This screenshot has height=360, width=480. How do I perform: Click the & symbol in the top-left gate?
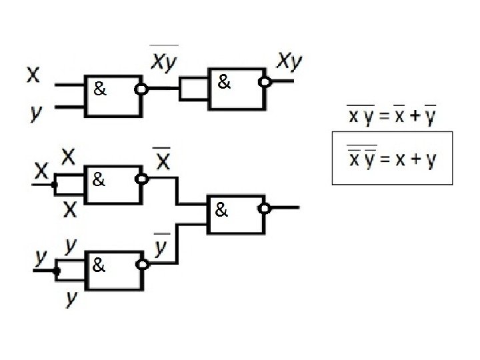[100, 89]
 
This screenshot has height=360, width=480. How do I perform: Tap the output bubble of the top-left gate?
[141, 89]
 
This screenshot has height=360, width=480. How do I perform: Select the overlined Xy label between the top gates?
[164, 60]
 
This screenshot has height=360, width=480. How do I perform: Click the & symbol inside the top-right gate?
[225, 84]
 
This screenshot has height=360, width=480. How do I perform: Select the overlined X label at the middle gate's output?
[163, 160]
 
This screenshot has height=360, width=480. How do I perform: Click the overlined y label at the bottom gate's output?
[161, 247]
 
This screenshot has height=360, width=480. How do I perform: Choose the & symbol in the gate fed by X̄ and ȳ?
[221, 212]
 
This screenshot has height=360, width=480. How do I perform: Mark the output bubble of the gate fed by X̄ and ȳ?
[265, 208]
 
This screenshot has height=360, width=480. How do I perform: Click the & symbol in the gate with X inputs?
[98, 180]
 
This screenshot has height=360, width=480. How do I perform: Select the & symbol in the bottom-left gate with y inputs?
[98, 267]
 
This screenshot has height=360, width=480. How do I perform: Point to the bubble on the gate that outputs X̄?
[141, 179]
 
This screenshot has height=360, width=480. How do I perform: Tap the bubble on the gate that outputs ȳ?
[141, 265]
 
